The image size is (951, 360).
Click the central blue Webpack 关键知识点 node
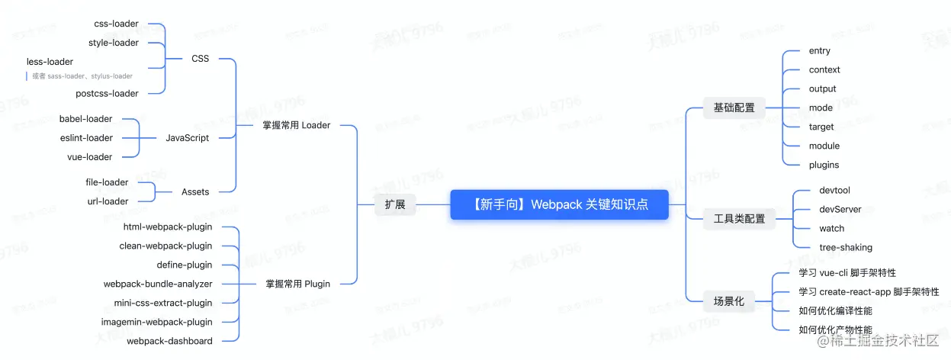[559, 204]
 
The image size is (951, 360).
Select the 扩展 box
[394, 204]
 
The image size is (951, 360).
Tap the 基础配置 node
[734, 108]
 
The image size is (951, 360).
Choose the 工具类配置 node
[739, 219]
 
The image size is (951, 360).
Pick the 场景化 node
[728, 301]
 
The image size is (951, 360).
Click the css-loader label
[116, 24]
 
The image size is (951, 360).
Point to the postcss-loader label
[107, 93]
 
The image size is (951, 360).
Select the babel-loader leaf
[85, 119]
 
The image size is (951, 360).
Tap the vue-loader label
[89, 157]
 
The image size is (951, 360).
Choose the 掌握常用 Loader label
[296, 125]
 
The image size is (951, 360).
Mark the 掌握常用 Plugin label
[297, 284]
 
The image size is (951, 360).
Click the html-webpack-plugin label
[168, 227]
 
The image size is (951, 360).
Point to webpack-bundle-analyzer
[158, 284]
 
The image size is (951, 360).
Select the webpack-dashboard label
[169, 341]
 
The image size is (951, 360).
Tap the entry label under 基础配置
[820, 51]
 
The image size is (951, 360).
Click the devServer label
[840, 209]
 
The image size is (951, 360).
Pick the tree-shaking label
[846, 247]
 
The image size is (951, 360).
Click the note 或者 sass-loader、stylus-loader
[82, 76]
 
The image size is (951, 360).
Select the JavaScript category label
[188, 138]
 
